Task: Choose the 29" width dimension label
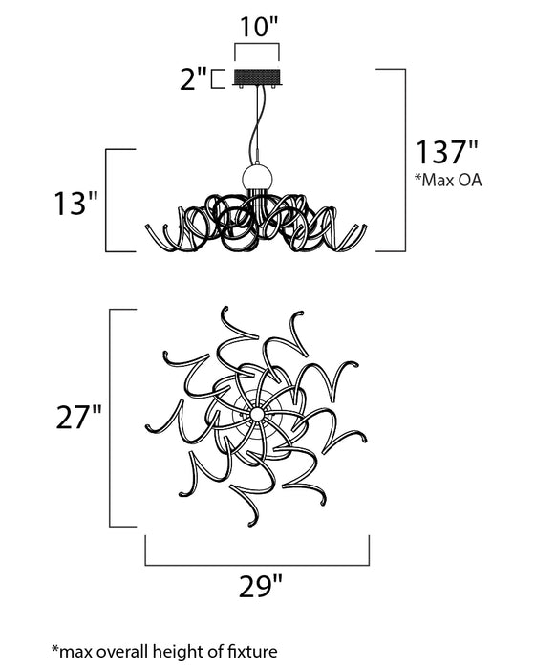(x=258, y=582)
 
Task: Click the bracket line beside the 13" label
(x=106, y=200)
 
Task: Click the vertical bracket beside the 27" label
(x=113, y=418)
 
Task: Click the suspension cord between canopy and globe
(x=255, y=124)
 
